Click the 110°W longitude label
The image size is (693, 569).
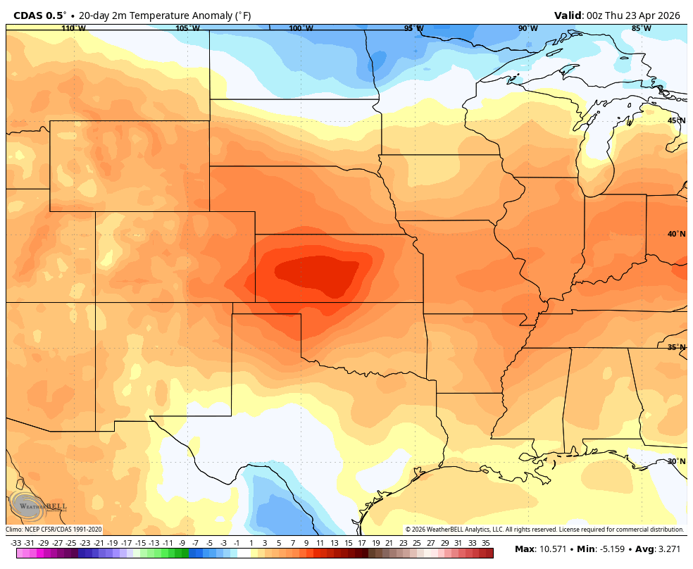pyautogui.click(x=73, y=28)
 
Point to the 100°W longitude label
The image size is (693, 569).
pyautogui.click(x=301, y=28)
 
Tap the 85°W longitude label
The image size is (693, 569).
pyautogui.click(x=641, y=28)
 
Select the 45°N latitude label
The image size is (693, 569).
pyautogui.click(x=676, y=120)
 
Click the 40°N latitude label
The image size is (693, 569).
pyautogui.click(x=676, y=234)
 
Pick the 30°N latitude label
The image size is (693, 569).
pyautogui.click(x=676, y=461)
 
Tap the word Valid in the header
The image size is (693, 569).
pyautogui.click(x=568, y=15)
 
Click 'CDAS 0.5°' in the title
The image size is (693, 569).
pyautogui.click(x=41, y=15)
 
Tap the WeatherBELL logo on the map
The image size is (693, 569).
pyautogui.click(x=39, y=506)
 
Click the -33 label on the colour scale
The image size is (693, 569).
pyautogui.click(x=15, y=543)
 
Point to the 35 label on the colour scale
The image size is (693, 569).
pyautogui.click(x=486, y=543)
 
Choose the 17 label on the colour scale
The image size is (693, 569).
pyautogui.click(x=361, y=543)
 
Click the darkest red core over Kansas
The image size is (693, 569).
pyautogui.click(x=317, y=273)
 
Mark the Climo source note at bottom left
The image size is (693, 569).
pyautogui.click(x=54, y=530)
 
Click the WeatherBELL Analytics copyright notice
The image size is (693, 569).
pyautogui.click(x=544, y=530)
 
